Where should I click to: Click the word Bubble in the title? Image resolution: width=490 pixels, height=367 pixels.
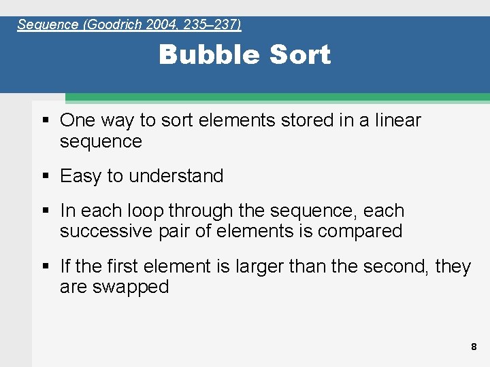pyautogui.click(x=200, y=54)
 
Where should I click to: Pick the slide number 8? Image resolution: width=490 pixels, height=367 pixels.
pyautogui.click(x=474, y=347)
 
